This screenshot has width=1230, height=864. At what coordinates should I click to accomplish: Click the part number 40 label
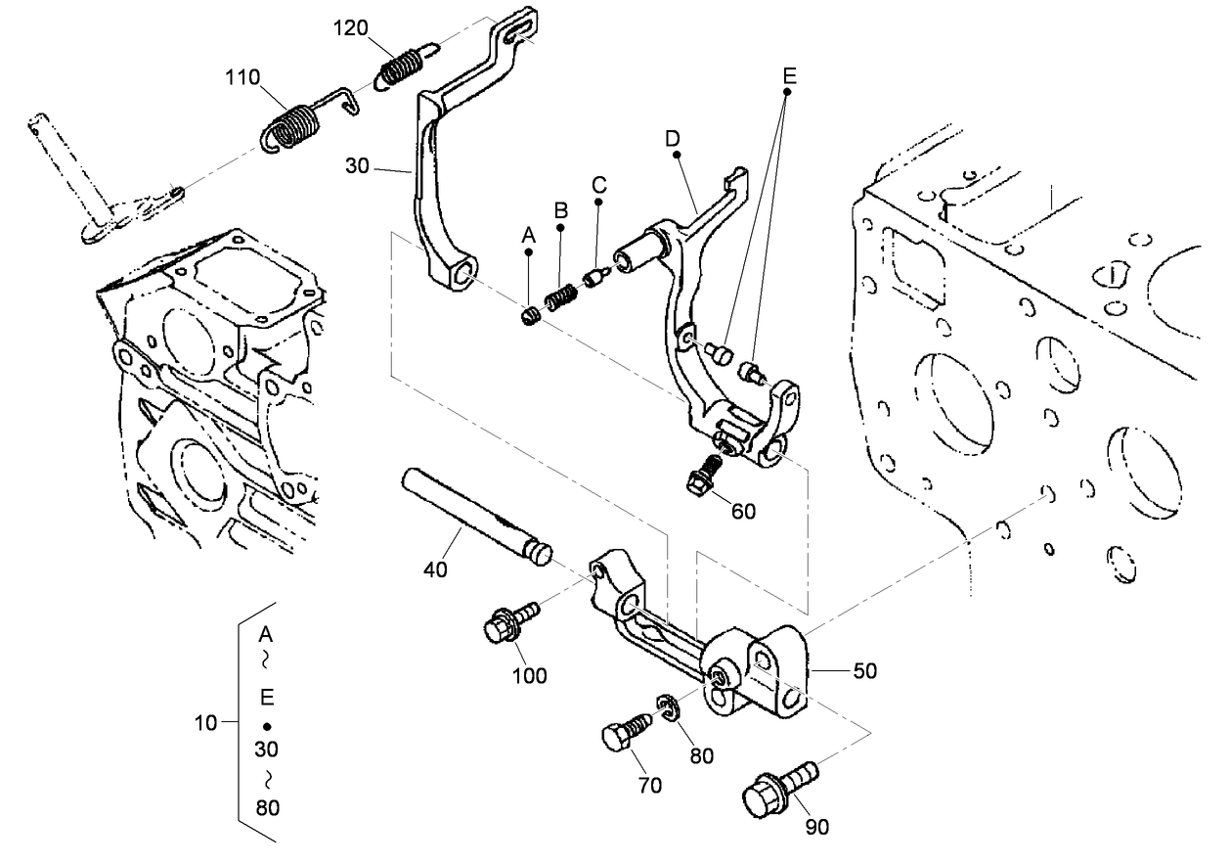[x=435, y=568]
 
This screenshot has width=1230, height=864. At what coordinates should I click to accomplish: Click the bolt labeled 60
[x=702, y=474]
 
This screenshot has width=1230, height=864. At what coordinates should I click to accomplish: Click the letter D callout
[x=672, y=138]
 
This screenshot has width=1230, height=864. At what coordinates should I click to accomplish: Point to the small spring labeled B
[x=559, y=297]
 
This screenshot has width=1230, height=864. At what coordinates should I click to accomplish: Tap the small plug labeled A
[x=531, y=316]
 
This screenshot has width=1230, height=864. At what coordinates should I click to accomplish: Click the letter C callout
[x=598, y=183]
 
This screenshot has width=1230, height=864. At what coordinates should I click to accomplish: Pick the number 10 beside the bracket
[x=205, y=723]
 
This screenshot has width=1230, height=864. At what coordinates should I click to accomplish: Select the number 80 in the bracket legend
[x=266, y=807]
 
